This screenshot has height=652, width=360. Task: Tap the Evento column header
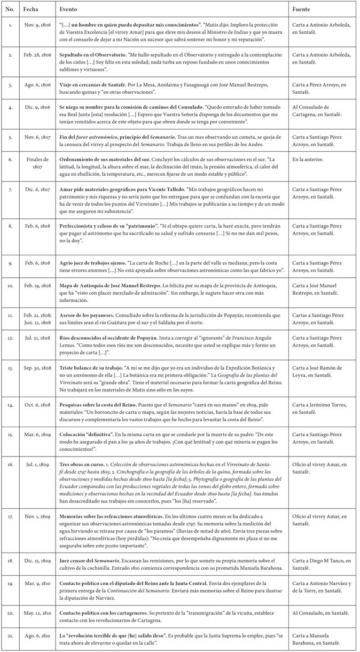point(68,10)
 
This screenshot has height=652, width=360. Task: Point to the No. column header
point(10,10)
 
